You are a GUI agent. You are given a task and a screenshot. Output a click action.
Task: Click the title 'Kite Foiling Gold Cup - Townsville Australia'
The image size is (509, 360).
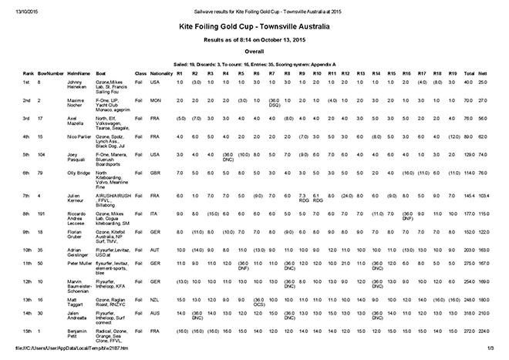tap(254, 25)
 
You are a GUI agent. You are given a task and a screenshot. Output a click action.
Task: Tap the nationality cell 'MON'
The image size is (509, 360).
tap(154, 101)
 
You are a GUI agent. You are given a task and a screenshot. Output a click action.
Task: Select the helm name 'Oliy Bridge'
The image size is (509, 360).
tap(78, 174)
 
